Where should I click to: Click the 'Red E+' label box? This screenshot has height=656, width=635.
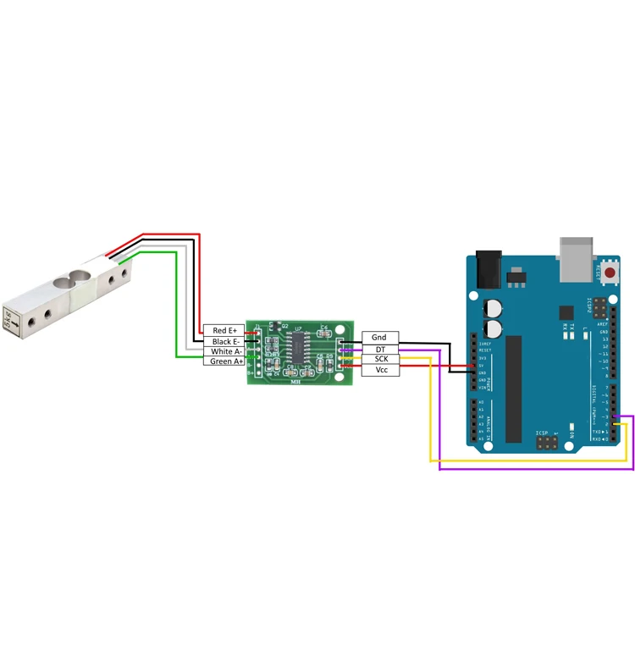pos(224,330)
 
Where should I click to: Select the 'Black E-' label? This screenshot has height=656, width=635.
pos(224,341)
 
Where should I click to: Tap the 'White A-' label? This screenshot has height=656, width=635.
pos(224,351)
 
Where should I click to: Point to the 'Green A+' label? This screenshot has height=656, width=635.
pos(224,361)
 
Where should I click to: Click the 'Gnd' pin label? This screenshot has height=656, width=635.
pos(379,338)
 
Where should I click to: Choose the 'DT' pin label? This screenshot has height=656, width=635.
pos(379,349)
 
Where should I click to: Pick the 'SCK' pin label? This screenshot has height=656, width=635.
pos(379,359)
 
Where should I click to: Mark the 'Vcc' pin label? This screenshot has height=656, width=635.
pos(379,370)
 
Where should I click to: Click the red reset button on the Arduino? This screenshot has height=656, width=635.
pos(610,272)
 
